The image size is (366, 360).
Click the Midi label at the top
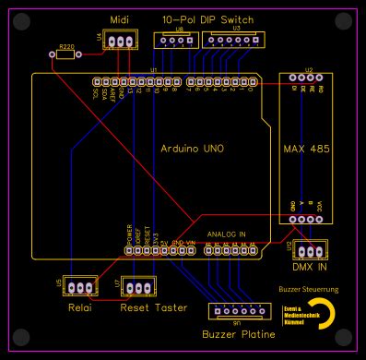coord(118,20)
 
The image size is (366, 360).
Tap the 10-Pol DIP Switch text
coord(207,19)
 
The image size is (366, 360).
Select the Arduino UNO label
coord(193,148)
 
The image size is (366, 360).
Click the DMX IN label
coord(309,268)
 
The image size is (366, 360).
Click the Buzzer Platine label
coord(238,334)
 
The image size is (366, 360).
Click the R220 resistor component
coord(65,54)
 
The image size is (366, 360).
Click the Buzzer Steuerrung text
coord(308,290)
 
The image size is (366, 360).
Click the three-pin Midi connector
coord(118,40)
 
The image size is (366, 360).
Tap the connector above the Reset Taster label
coord(137,286)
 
